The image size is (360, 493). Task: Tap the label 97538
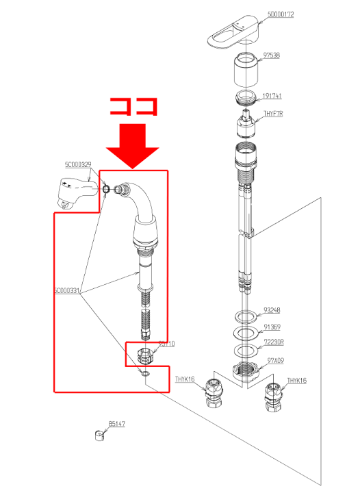tap(272, 55)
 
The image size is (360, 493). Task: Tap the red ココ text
tap(134, 108)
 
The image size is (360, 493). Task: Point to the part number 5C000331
tap(67, 290)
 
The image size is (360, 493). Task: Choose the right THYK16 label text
tap(297, 380)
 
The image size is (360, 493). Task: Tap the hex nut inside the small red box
tap(145, 355)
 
